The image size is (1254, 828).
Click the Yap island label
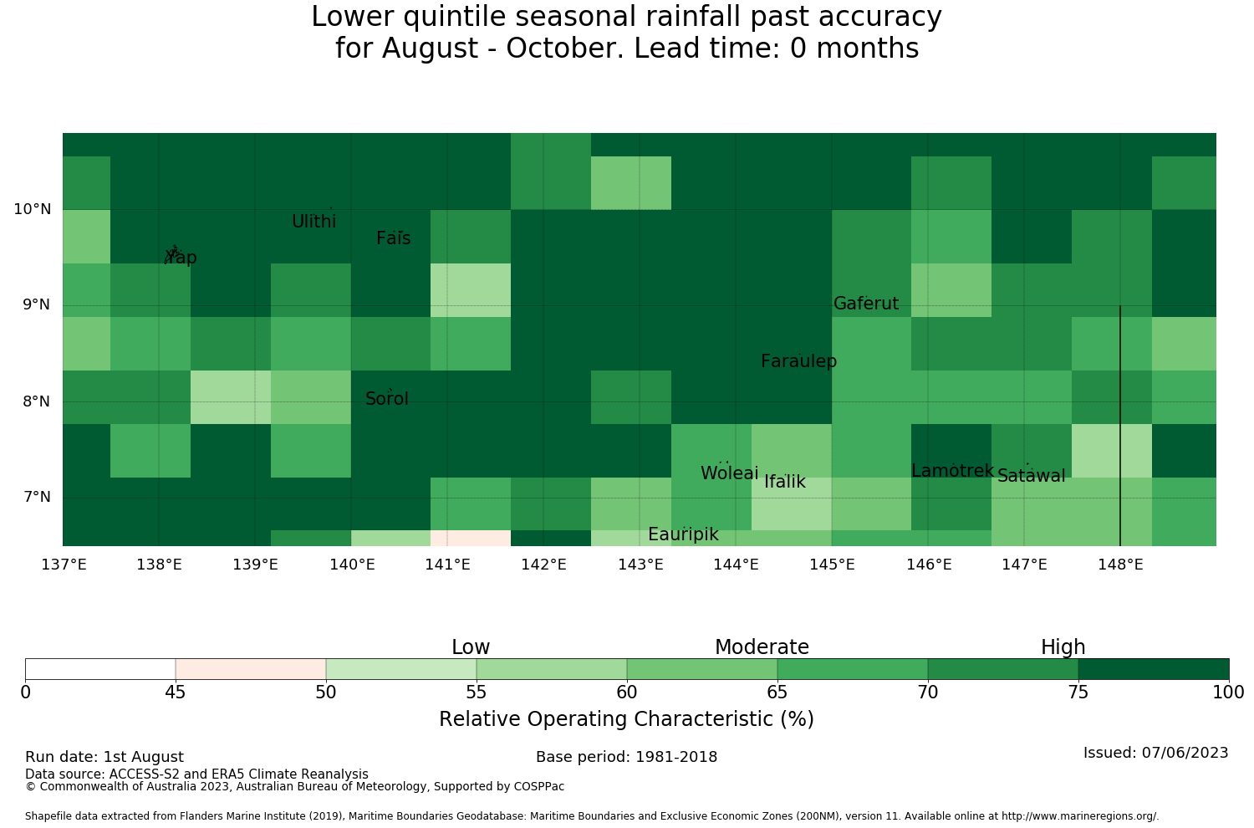pos(181,257)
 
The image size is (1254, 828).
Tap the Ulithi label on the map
pos(314,222)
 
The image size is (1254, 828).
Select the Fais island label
pos(394,238)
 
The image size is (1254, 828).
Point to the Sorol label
pos(387,398)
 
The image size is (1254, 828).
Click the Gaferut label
pos(866,303)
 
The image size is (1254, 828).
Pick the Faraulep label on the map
pos(799,361)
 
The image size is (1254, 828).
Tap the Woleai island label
pos(730,473)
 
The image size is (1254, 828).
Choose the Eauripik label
pos(683,534)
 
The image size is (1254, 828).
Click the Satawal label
pos(1031,476)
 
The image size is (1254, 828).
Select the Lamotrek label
pos(953,471)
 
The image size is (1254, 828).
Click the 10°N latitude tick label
pos(33,209)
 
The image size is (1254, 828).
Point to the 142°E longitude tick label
pos(543,565)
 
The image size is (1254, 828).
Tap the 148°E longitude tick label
pos(1120,565)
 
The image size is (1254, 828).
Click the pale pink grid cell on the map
pos(470,538)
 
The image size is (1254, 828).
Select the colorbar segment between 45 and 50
pos(251,669)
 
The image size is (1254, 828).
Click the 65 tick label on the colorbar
pos(777,693)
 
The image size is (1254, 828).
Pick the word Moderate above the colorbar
pos(762,647)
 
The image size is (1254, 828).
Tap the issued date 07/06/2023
pos(1185,753)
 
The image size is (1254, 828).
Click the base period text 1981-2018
pos(676,757)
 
